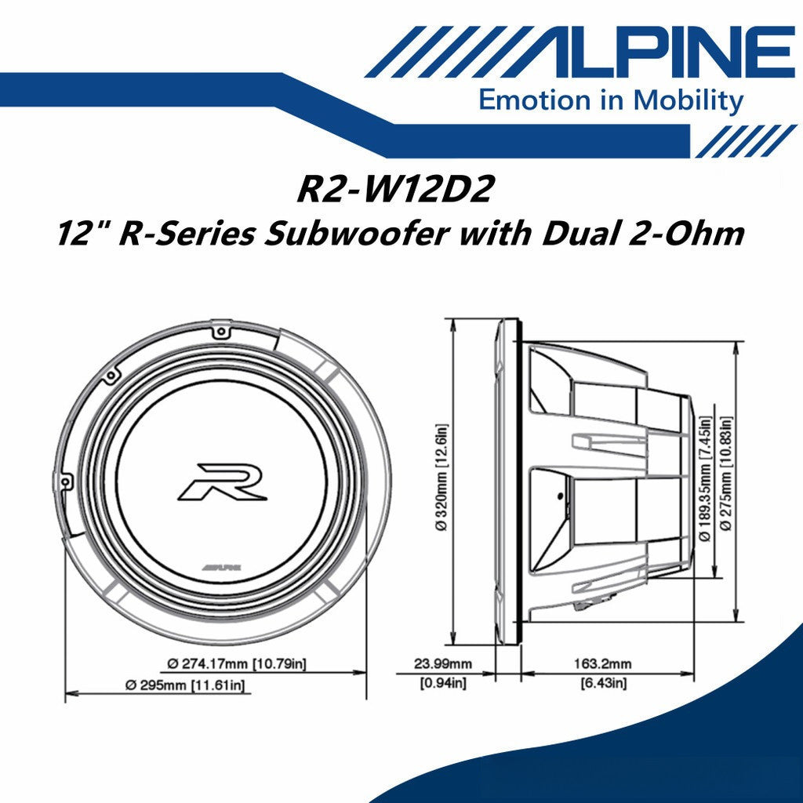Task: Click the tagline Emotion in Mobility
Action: [x=611, y=100]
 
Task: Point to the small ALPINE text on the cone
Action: [x=222, y=565]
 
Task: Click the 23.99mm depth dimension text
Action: [x=443, y=663]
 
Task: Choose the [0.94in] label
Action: [x=443, y=684]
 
